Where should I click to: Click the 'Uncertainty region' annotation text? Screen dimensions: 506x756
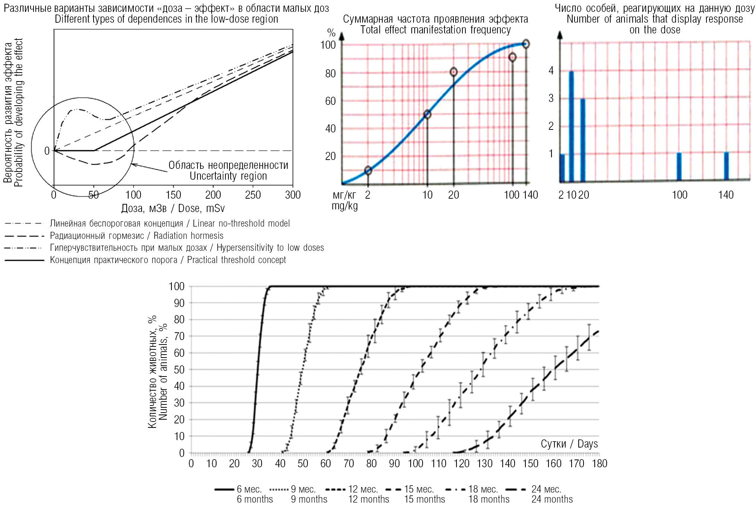228,171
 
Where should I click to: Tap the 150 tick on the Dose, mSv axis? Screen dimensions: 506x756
173,195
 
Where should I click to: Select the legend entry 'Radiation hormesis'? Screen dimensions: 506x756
136,236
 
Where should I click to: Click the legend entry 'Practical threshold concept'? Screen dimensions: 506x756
168,260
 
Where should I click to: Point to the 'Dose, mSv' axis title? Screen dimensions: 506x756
173,208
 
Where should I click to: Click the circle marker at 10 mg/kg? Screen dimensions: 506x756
427,115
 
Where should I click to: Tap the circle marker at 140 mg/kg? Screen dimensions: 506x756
526,44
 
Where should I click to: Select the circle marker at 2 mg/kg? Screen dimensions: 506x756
368,170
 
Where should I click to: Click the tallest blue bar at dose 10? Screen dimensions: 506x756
571,126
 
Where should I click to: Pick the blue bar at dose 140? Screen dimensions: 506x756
726,166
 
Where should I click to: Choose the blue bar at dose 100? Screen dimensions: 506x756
679,167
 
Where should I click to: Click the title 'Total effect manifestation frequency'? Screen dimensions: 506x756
435,30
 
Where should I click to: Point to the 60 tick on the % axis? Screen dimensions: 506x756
330,101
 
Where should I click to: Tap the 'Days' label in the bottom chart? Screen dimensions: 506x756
569,444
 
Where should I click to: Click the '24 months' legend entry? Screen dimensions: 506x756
551,494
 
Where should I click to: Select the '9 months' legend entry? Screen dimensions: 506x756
309,494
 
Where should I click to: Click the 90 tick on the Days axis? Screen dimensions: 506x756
394,464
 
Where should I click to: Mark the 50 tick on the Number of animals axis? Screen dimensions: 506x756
179,370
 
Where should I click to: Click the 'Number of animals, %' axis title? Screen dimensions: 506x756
158,372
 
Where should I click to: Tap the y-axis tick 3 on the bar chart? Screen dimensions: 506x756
551,99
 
